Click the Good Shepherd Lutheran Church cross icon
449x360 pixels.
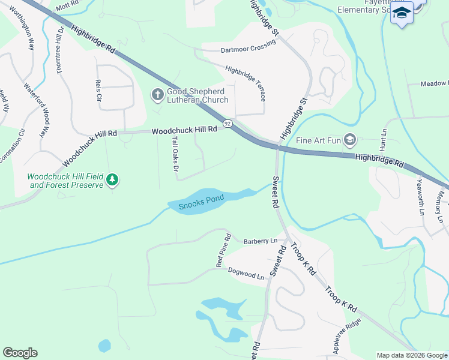point(157,94)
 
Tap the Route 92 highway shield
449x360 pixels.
point(227,123)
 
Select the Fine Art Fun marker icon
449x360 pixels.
point(350,140)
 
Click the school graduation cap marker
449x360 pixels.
point(402,13)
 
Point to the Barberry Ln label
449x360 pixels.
point(261,241)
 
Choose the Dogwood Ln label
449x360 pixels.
point(246,274)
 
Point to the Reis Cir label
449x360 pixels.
point(98,91)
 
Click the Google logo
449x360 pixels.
point(20,353)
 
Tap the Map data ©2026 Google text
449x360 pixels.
point(411,355)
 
